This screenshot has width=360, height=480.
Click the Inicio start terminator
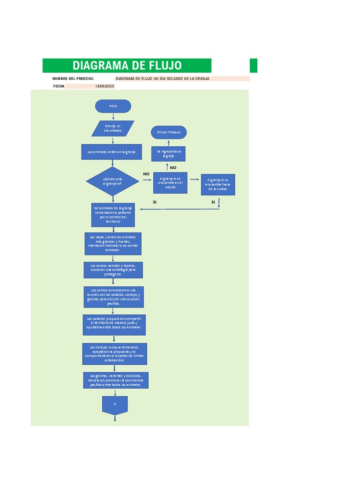tap(113, 106)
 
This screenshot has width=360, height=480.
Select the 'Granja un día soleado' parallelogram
tap(112, 128)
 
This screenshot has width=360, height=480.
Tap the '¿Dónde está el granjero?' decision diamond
tap(112, 181)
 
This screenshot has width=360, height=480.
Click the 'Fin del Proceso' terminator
tap(169, 133)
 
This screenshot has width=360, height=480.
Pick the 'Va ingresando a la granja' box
tap(168, 154)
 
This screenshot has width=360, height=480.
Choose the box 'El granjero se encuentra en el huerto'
tap(171, 183)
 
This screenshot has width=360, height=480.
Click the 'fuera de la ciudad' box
tap(217, 185)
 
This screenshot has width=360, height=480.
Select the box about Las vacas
tap(112, 244)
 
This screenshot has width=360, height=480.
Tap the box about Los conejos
tap(114, 353)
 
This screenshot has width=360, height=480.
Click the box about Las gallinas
tap(115, 380)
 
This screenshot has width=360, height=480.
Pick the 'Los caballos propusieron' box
tap(114, 325)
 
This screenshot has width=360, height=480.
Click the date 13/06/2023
tap(105, 86)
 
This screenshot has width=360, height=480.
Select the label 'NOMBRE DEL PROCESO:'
tap(73, 79)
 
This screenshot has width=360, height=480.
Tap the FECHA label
tap(59, 86)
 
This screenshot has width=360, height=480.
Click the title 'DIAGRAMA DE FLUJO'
tap(127, 66)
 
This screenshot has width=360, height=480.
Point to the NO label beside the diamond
tap(146, 174)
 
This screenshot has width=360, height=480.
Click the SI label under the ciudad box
tap(213, 202)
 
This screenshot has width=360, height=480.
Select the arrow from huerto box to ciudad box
tap(194, 179)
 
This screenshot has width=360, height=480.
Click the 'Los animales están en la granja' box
tap(112, 152)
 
